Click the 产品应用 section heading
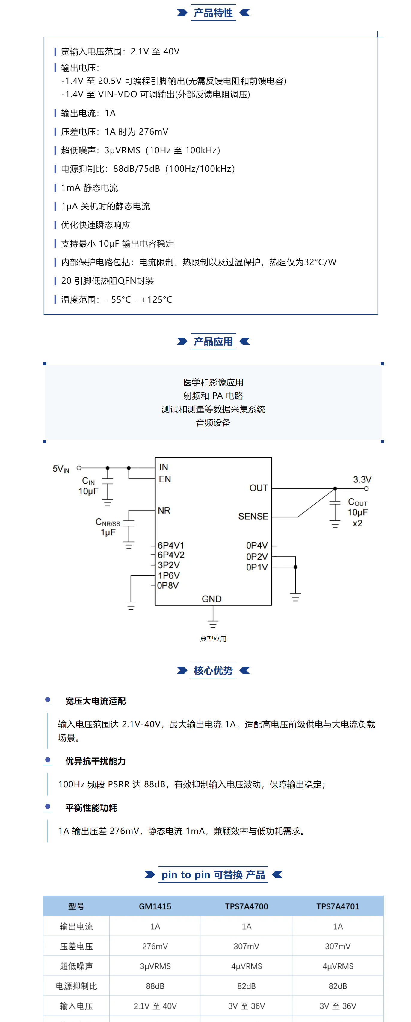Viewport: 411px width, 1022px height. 213,341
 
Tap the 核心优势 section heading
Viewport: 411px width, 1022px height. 213,670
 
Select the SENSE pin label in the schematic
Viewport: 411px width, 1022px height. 253,516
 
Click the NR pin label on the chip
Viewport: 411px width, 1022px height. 164,510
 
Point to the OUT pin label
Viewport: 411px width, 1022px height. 258,488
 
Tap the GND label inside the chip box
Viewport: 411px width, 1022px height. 212,599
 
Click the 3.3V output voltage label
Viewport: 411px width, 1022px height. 362,479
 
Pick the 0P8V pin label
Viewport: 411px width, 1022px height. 168,585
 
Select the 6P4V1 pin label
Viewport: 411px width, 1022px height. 171,545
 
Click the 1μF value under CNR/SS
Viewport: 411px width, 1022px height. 108,532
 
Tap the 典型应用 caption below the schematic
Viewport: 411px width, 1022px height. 213,639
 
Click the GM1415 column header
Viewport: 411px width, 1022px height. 155,906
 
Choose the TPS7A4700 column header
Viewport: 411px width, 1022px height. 246,906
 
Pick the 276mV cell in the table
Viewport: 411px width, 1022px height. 155,946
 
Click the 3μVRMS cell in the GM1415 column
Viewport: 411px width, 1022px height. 155,966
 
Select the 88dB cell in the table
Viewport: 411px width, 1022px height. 155,986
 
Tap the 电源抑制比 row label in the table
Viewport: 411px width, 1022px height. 76,986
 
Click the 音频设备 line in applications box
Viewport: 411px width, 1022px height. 213,423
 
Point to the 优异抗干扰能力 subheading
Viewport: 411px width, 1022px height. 95,761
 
